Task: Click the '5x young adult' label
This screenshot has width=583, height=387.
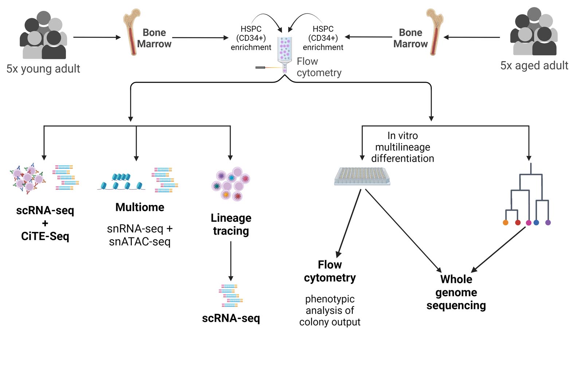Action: [43, 69]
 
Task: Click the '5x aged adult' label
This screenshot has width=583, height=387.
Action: [534, 66]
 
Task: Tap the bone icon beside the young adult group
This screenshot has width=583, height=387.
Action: [132, 32]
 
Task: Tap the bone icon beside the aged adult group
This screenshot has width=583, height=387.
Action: [434, 32]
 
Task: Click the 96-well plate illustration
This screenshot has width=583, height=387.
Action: [362, 176]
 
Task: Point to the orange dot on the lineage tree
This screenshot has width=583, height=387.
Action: [505, 222]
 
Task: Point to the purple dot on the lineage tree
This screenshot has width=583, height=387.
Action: [548, 222]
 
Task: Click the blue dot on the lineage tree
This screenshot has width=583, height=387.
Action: [536, 222]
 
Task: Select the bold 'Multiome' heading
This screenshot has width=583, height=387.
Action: [140, 207]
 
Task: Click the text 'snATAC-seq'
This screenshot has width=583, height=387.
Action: [140, 242]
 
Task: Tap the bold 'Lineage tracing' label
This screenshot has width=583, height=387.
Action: [231, 224]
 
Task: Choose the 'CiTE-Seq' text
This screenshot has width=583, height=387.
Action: [45, 236]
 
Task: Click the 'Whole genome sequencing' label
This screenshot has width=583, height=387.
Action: [456, 292]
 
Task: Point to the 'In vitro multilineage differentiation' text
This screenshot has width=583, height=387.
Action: [402, 147]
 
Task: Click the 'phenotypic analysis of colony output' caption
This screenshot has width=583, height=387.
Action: [330, 311]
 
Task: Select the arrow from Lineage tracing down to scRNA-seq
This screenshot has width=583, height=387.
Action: [231, 260]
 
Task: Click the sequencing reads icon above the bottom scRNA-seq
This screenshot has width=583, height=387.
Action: [230, 296]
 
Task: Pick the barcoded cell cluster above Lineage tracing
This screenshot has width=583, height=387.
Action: [231, 183]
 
